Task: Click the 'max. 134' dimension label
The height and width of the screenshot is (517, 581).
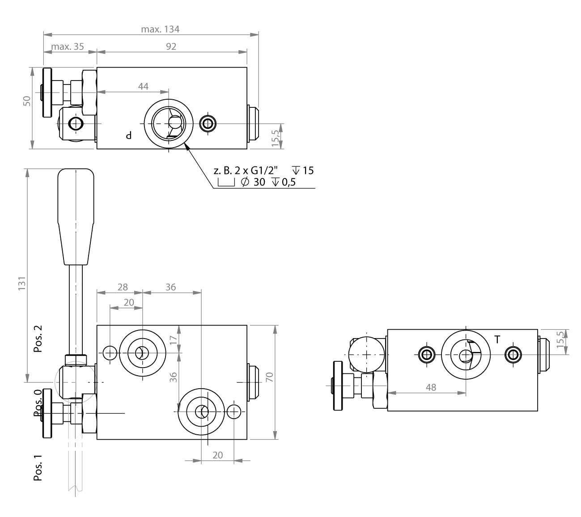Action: point(160,30)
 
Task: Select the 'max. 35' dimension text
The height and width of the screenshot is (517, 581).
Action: point(68,47)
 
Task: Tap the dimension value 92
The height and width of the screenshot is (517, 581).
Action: point(171,47)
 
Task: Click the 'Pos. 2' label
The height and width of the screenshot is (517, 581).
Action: point(38,339)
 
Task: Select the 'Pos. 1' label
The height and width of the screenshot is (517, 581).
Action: point(38,468)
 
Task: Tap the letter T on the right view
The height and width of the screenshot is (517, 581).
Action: point(497,340)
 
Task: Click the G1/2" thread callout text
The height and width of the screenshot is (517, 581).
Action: point(247,170)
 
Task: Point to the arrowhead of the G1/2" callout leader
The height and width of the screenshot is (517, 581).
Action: point(187,147)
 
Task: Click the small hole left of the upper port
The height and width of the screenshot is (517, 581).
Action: point(110,353)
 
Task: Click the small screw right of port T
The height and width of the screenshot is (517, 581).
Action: point(513,355)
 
